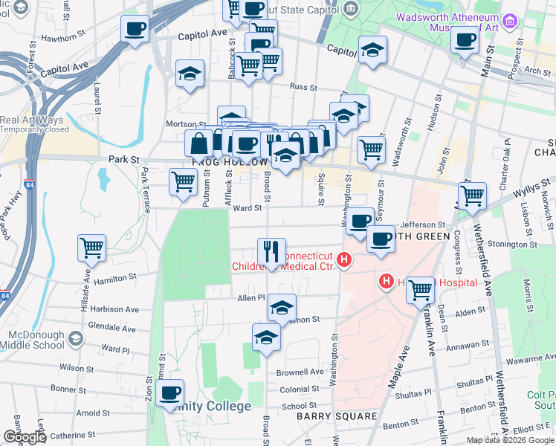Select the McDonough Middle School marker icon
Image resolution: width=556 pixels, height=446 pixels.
[x=74, y=339]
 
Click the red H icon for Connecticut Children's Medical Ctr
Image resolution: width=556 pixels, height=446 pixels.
[x=343, y=260]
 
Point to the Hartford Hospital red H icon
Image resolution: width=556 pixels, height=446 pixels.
[x=387, y=282]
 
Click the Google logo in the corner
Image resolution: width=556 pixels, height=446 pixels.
[x=25, y=437]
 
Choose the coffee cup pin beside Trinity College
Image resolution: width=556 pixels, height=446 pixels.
[x=170, y=392]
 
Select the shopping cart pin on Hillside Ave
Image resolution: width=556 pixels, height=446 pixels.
[x=92, y=248]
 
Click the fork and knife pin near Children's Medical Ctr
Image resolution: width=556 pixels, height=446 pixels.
[x=271, y=250]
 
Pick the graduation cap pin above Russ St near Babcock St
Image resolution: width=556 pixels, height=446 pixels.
[x=190, y=73]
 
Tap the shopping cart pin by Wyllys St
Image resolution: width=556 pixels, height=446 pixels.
[x=472, y=196]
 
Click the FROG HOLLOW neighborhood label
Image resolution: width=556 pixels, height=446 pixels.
[x=230, y=162]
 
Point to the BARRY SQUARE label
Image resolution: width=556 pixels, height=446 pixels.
[x=337, y=416]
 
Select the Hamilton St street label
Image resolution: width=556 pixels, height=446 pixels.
[x=115, y=276]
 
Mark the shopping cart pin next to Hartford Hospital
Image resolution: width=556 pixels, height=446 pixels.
[x=421, y=288]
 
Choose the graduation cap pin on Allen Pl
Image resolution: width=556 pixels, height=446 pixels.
[x=282, y=306]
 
